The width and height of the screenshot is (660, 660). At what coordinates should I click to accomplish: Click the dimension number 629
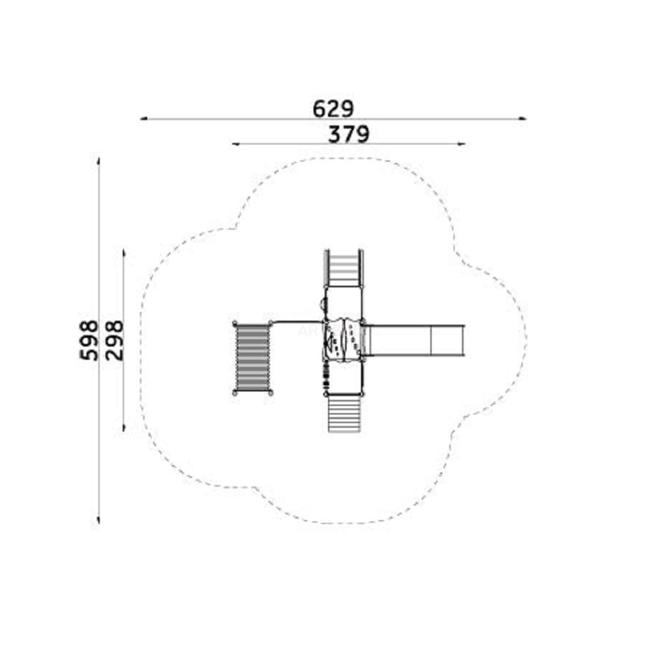[x=333, y=109]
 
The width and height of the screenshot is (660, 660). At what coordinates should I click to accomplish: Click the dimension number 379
[x=348, y=134]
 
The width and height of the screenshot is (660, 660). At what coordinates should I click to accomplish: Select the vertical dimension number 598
[x=89, y=340]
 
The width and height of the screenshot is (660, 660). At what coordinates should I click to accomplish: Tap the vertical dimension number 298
[x=114, y=340]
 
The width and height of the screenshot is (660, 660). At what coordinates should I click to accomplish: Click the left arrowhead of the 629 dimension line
[x=143, y=119]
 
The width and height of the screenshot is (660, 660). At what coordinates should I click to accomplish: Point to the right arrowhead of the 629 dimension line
[x=522, y=119]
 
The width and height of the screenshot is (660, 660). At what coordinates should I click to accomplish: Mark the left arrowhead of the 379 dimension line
[x=236, y=144]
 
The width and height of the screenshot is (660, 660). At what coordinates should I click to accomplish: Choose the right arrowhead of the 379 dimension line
[x=461, y=144]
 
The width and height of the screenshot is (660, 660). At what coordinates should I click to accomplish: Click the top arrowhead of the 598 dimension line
[x=98, y=161]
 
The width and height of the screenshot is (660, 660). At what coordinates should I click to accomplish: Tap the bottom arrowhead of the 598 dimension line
[x=98, y=520]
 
